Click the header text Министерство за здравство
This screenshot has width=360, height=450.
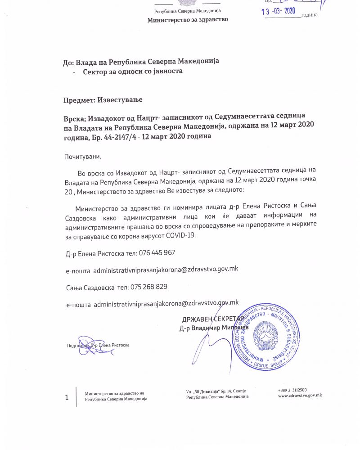point(188,20)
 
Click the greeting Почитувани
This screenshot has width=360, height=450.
point(83,157)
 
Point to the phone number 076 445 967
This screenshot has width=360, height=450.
point(157,253)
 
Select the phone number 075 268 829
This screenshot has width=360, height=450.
point(149,287)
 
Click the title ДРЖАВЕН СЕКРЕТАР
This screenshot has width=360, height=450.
point(213,319)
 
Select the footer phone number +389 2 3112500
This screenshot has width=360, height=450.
point(292,390)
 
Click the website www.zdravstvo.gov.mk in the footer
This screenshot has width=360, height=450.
point(300,395)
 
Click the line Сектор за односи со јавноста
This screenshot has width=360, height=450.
point(132,72)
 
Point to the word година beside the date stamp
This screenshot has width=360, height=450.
point(310,15)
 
